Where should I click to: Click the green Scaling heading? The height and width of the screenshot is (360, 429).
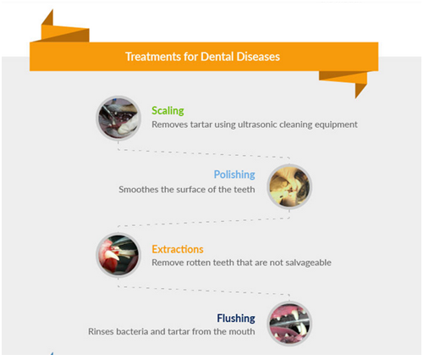(168, 111)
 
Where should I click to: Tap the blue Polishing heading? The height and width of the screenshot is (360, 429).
(234, 174)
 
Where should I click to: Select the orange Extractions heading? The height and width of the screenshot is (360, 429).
(178, 249)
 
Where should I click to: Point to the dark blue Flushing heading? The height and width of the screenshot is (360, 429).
(236, 318)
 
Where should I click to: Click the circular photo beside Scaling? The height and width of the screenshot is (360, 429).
(118, 118)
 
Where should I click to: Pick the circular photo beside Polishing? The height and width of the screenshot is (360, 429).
(289, 186)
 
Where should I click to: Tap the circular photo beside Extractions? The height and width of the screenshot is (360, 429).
(118, 255)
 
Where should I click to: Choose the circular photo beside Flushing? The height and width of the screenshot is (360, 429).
(289, 324)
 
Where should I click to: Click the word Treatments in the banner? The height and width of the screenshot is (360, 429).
(153, 57)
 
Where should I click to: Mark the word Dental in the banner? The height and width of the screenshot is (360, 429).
(217, 57)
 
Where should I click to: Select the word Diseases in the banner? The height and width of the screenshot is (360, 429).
(258, 57)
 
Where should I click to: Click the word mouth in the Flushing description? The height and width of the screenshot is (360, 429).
(242, 331)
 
